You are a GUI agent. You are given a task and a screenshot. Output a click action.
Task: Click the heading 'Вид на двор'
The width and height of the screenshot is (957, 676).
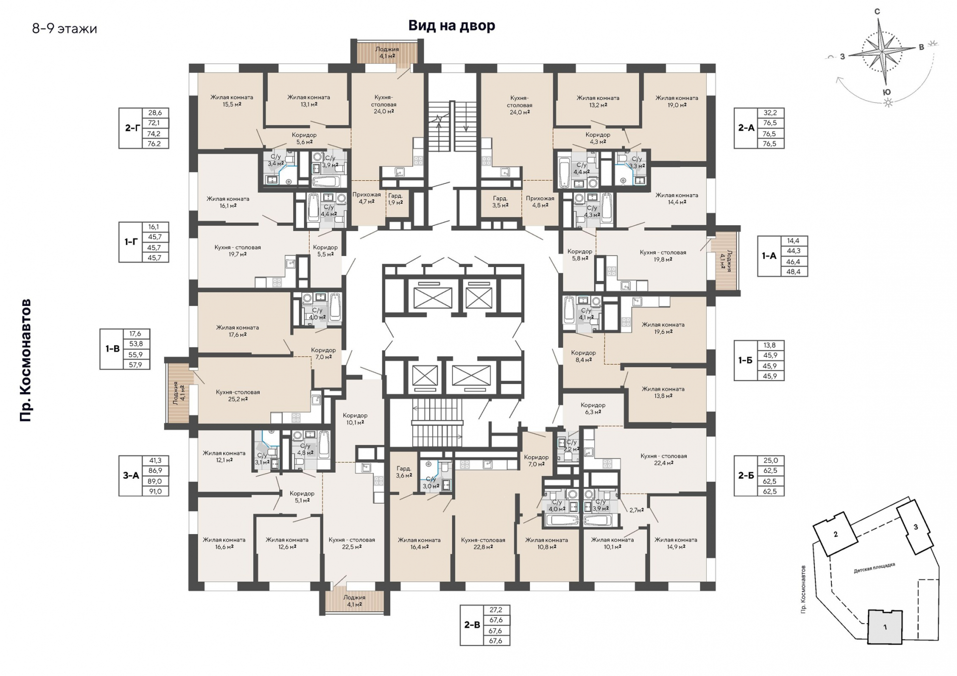[x=452, y=25]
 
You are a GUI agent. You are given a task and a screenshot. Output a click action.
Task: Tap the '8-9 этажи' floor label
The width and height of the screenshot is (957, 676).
[x=65, y=29]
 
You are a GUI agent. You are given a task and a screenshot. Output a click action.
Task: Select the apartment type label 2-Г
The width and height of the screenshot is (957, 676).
[x=132, y=128]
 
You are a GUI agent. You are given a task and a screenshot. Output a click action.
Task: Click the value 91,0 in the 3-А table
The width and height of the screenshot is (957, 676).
[x=156, y=491]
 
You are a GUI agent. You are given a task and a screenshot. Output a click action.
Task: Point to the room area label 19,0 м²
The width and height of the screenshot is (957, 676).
[x=676, y=105]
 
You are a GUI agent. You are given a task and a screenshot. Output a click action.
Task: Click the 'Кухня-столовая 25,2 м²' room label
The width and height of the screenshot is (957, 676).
[x=238, y=396]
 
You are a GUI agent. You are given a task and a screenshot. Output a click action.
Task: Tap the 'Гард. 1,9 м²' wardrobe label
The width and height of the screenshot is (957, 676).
[x=395, y=199]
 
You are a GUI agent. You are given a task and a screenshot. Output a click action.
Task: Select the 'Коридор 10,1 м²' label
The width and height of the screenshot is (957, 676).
[x=355, y=419]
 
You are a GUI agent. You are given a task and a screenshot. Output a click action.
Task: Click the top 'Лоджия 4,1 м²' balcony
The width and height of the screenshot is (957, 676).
[x=387, y=53]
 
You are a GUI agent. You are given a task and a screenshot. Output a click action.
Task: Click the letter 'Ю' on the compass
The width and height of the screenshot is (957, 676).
[x=887, y=92]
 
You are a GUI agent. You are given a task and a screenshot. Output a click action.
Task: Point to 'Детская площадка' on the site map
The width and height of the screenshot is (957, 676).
[x=874, y=568]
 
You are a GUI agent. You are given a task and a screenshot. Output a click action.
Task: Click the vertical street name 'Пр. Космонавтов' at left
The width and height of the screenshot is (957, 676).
[x=26, y=360]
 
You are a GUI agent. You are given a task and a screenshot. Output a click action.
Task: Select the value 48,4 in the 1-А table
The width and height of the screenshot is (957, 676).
[x=794, y=271]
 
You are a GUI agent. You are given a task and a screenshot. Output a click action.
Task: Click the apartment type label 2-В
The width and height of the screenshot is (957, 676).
[x=472, y=625]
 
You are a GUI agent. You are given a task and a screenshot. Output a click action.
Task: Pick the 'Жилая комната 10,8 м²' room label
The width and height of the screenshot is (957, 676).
[x=546, y=543]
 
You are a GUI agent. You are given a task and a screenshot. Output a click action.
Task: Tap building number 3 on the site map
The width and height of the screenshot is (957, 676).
[x=916, y=527]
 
